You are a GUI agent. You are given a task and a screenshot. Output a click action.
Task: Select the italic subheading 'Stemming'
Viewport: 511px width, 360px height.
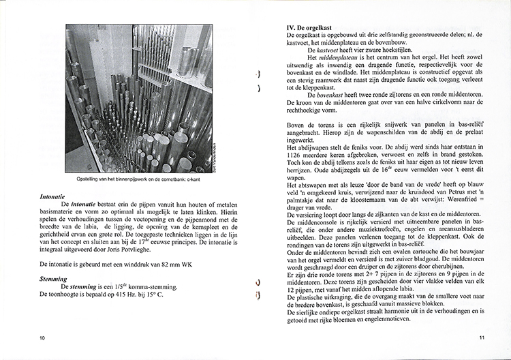(x=54, y=279)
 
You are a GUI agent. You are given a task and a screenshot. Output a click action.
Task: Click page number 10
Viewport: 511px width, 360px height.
(x=42, y=338)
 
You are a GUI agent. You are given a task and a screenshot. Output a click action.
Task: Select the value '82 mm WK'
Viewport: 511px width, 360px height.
(x=168, y=262)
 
